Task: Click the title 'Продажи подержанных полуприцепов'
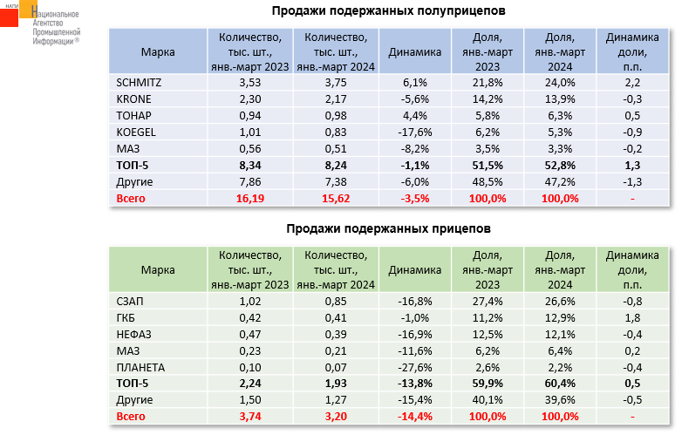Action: pyautogui.click(x=388, y=10)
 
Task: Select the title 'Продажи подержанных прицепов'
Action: pyautogui.click(x=388, y=229)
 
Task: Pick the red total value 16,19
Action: pyautogui.click(x=249, y=198)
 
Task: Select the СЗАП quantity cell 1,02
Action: pyautogui.click(x=249, y=301)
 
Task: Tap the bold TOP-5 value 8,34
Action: pyautogui.click(x=249, y=165)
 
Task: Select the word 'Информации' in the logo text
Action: pyautogui.click(x=51, y=40)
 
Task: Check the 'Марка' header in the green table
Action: pyautogui.click(x=158, y=270)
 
